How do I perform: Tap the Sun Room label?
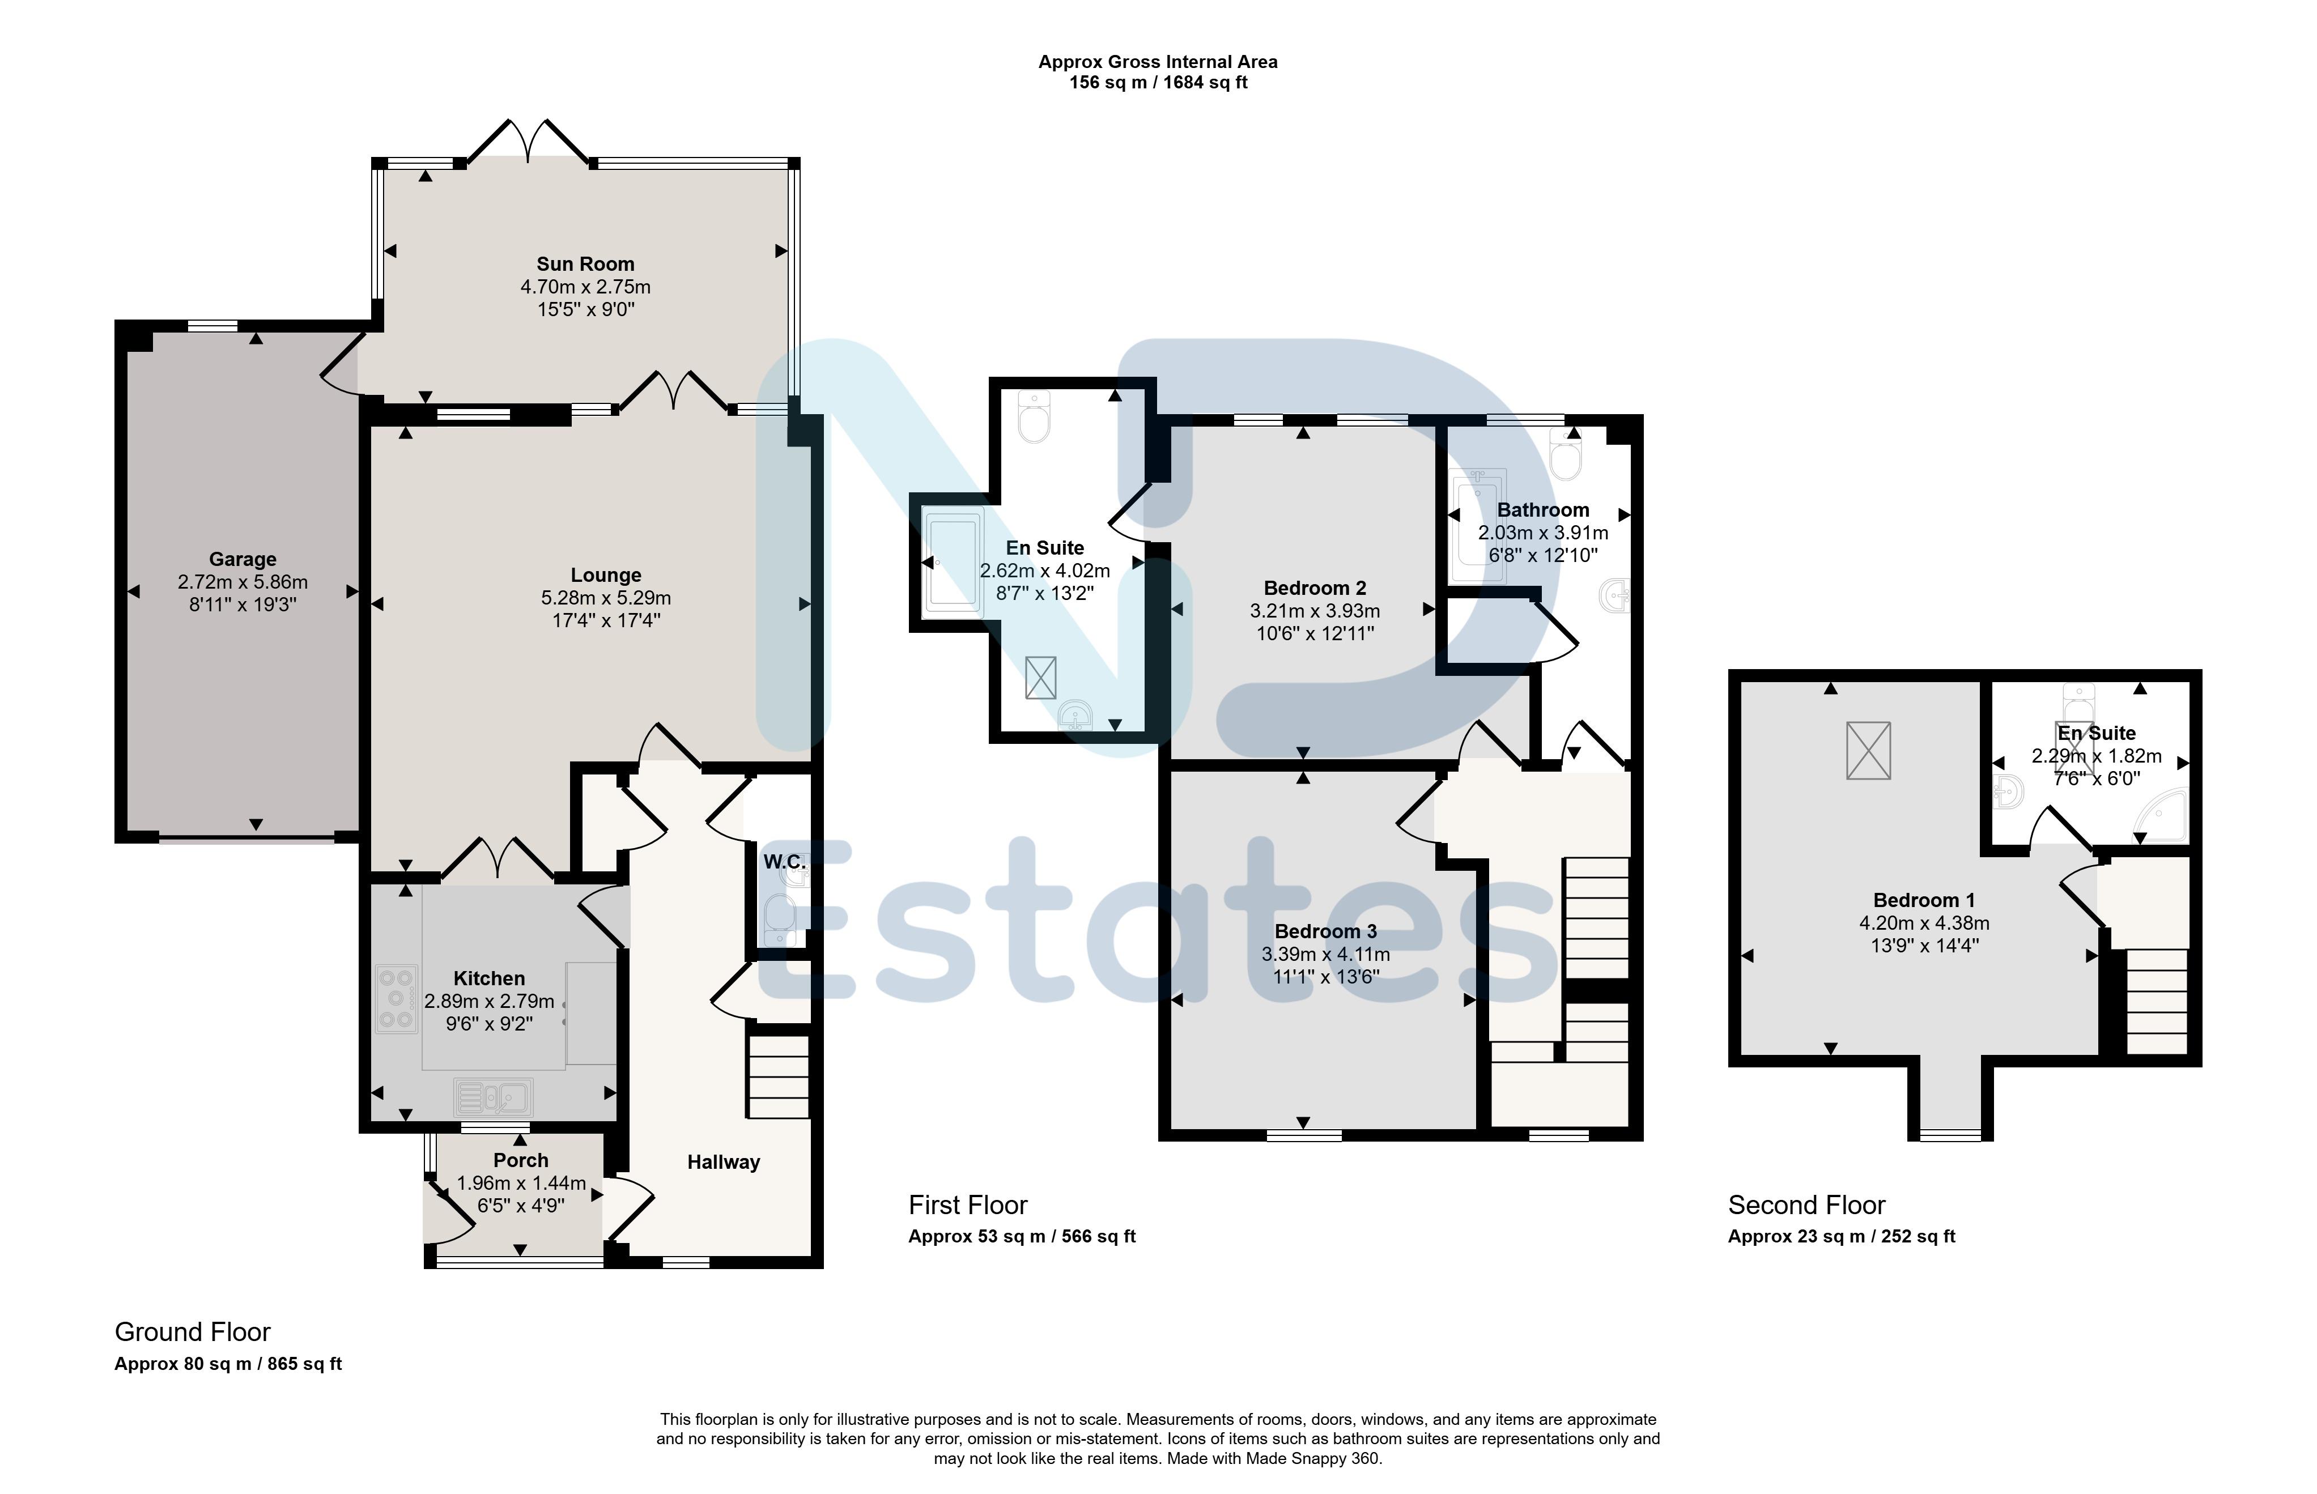(585, 264)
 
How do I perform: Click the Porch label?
(521, 1160)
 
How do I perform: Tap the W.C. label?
(784, 862)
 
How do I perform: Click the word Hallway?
(724, 1162)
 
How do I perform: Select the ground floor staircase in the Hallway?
(778, 1077)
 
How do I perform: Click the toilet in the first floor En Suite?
(1034, 416)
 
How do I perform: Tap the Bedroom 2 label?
(1315, 588)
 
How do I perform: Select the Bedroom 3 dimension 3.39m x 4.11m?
(1325, 955)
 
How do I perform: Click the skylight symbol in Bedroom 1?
(1868, 750)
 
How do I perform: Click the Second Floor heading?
(1806, 1205)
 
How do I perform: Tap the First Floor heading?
(967, 1205)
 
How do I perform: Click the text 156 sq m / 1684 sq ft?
(1158, 83)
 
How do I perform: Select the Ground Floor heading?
(192, 1332)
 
